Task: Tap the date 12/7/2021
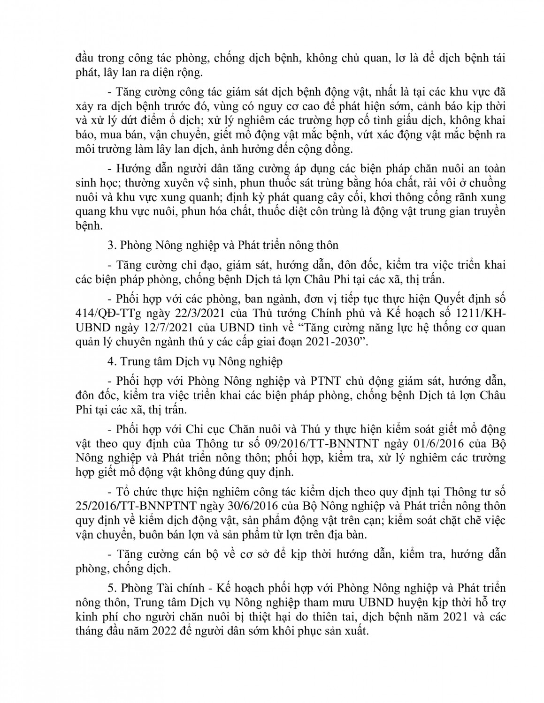pos(145,327)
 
